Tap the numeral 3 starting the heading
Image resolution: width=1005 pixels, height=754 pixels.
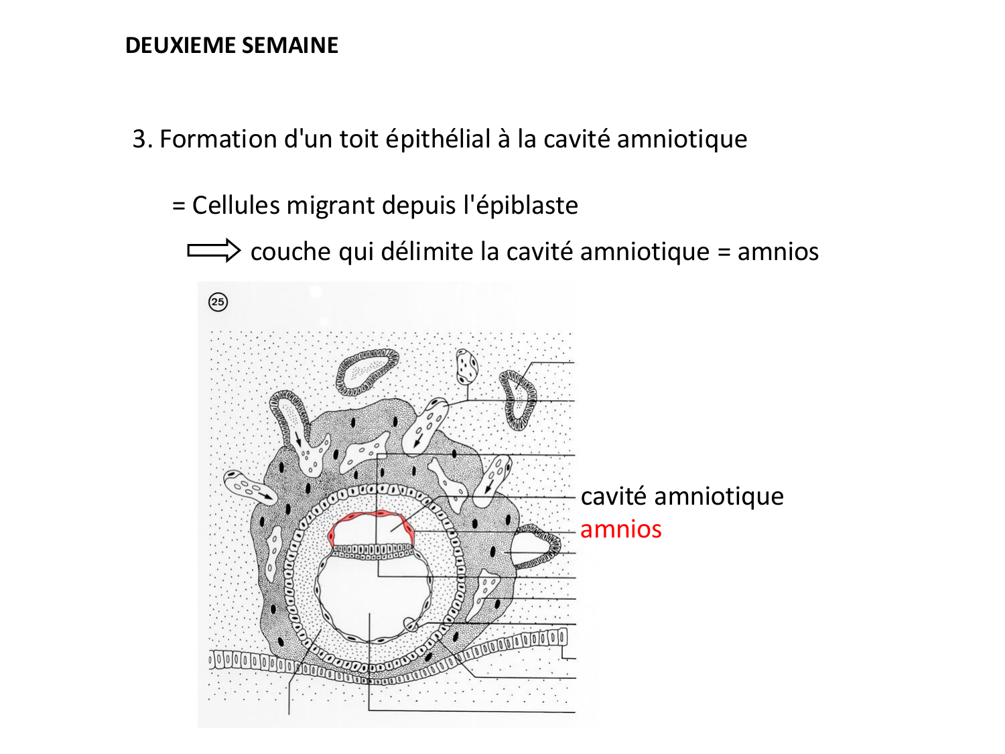point(139,139)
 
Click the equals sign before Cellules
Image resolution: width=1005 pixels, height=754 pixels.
point(178,206)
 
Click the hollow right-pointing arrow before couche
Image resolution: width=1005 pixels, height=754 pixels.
point(213,251)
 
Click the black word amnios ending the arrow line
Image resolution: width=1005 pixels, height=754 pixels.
point(778,252)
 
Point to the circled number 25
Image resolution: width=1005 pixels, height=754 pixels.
point(218,302)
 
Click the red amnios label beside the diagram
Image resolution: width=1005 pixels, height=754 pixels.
point(620,529)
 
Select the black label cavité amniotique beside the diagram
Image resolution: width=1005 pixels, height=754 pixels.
point(682,497)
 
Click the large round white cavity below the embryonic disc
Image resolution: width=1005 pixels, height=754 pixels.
point(373,592)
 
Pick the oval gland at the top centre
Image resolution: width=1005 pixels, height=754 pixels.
point(366,370)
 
